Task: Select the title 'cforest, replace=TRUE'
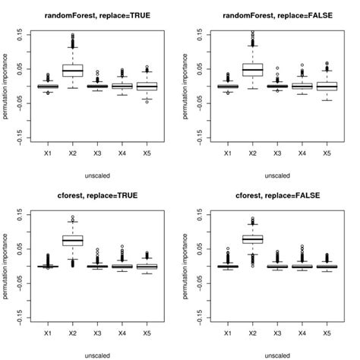pyautogui.click(x=93, y=195)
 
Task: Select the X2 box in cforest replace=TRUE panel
pyautogui.click(x=72, y=241)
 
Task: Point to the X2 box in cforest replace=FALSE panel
pyautogui.click(x=252, y=239)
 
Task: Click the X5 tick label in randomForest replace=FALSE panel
pyautogui.click(x=327, y=154)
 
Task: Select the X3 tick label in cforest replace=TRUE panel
pyautogui.click(x=96, y=334)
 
